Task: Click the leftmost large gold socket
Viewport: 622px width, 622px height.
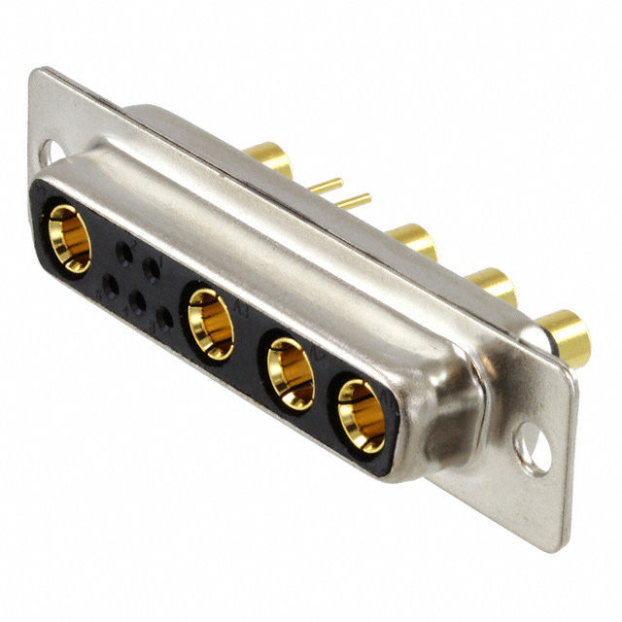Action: [69, 238]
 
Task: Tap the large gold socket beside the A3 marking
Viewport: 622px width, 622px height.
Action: [211, 324]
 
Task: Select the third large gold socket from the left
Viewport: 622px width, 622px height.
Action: [291, 372]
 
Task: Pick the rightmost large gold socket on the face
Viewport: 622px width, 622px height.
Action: [361, 416]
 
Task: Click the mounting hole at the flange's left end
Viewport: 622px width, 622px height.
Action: [48, 153]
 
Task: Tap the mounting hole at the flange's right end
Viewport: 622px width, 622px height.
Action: [532, 450]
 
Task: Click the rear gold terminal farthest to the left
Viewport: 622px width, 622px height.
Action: [269, 157]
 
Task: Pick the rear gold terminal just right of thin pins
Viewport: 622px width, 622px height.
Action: [412, 240]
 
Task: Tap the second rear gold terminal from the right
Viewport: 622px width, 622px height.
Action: [492, 285]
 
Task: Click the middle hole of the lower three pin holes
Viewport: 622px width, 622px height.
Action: [138, 302]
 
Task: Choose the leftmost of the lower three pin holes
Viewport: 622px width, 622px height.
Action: [110, 287]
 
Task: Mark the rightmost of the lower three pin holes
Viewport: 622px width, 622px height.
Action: [165, 317]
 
